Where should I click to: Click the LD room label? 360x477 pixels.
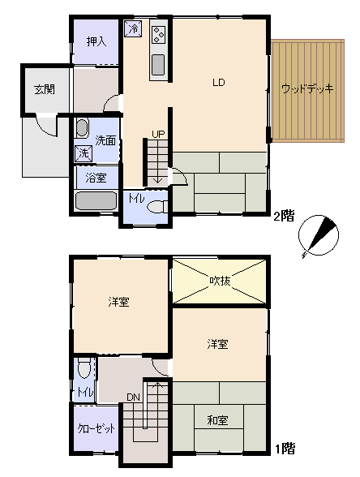219,83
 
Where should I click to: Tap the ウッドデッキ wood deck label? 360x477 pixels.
307,88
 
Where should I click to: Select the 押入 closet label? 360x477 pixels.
96,41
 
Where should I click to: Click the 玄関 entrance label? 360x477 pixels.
45,89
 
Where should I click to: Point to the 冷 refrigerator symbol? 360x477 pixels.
133,29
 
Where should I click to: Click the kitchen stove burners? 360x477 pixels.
159,34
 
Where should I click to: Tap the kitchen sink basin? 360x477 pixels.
158,65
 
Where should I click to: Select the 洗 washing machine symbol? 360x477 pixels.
84,153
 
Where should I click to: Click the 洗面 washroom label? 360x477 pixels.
105,140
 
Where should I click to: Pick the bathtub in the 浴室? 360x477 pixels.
96,200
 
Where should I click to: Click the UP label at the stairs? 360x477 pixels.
158,134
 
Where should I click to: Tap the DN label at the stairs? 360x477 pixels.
133,397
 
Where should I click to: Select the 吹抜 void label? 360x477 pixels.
220,281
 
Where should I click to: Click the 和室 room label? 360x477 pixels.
217,420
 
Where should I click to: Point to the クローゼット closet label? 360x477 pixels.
96,428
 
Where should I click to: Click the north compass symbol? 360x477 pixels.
319,235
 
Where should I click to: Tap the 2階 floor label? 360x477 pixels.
285,217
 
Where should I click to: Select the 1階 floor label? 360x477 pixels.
285,449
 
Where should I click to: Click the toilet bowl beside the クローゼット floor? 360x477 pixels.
84,367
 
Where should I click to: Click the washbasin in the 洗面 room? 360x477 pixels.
81,128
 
